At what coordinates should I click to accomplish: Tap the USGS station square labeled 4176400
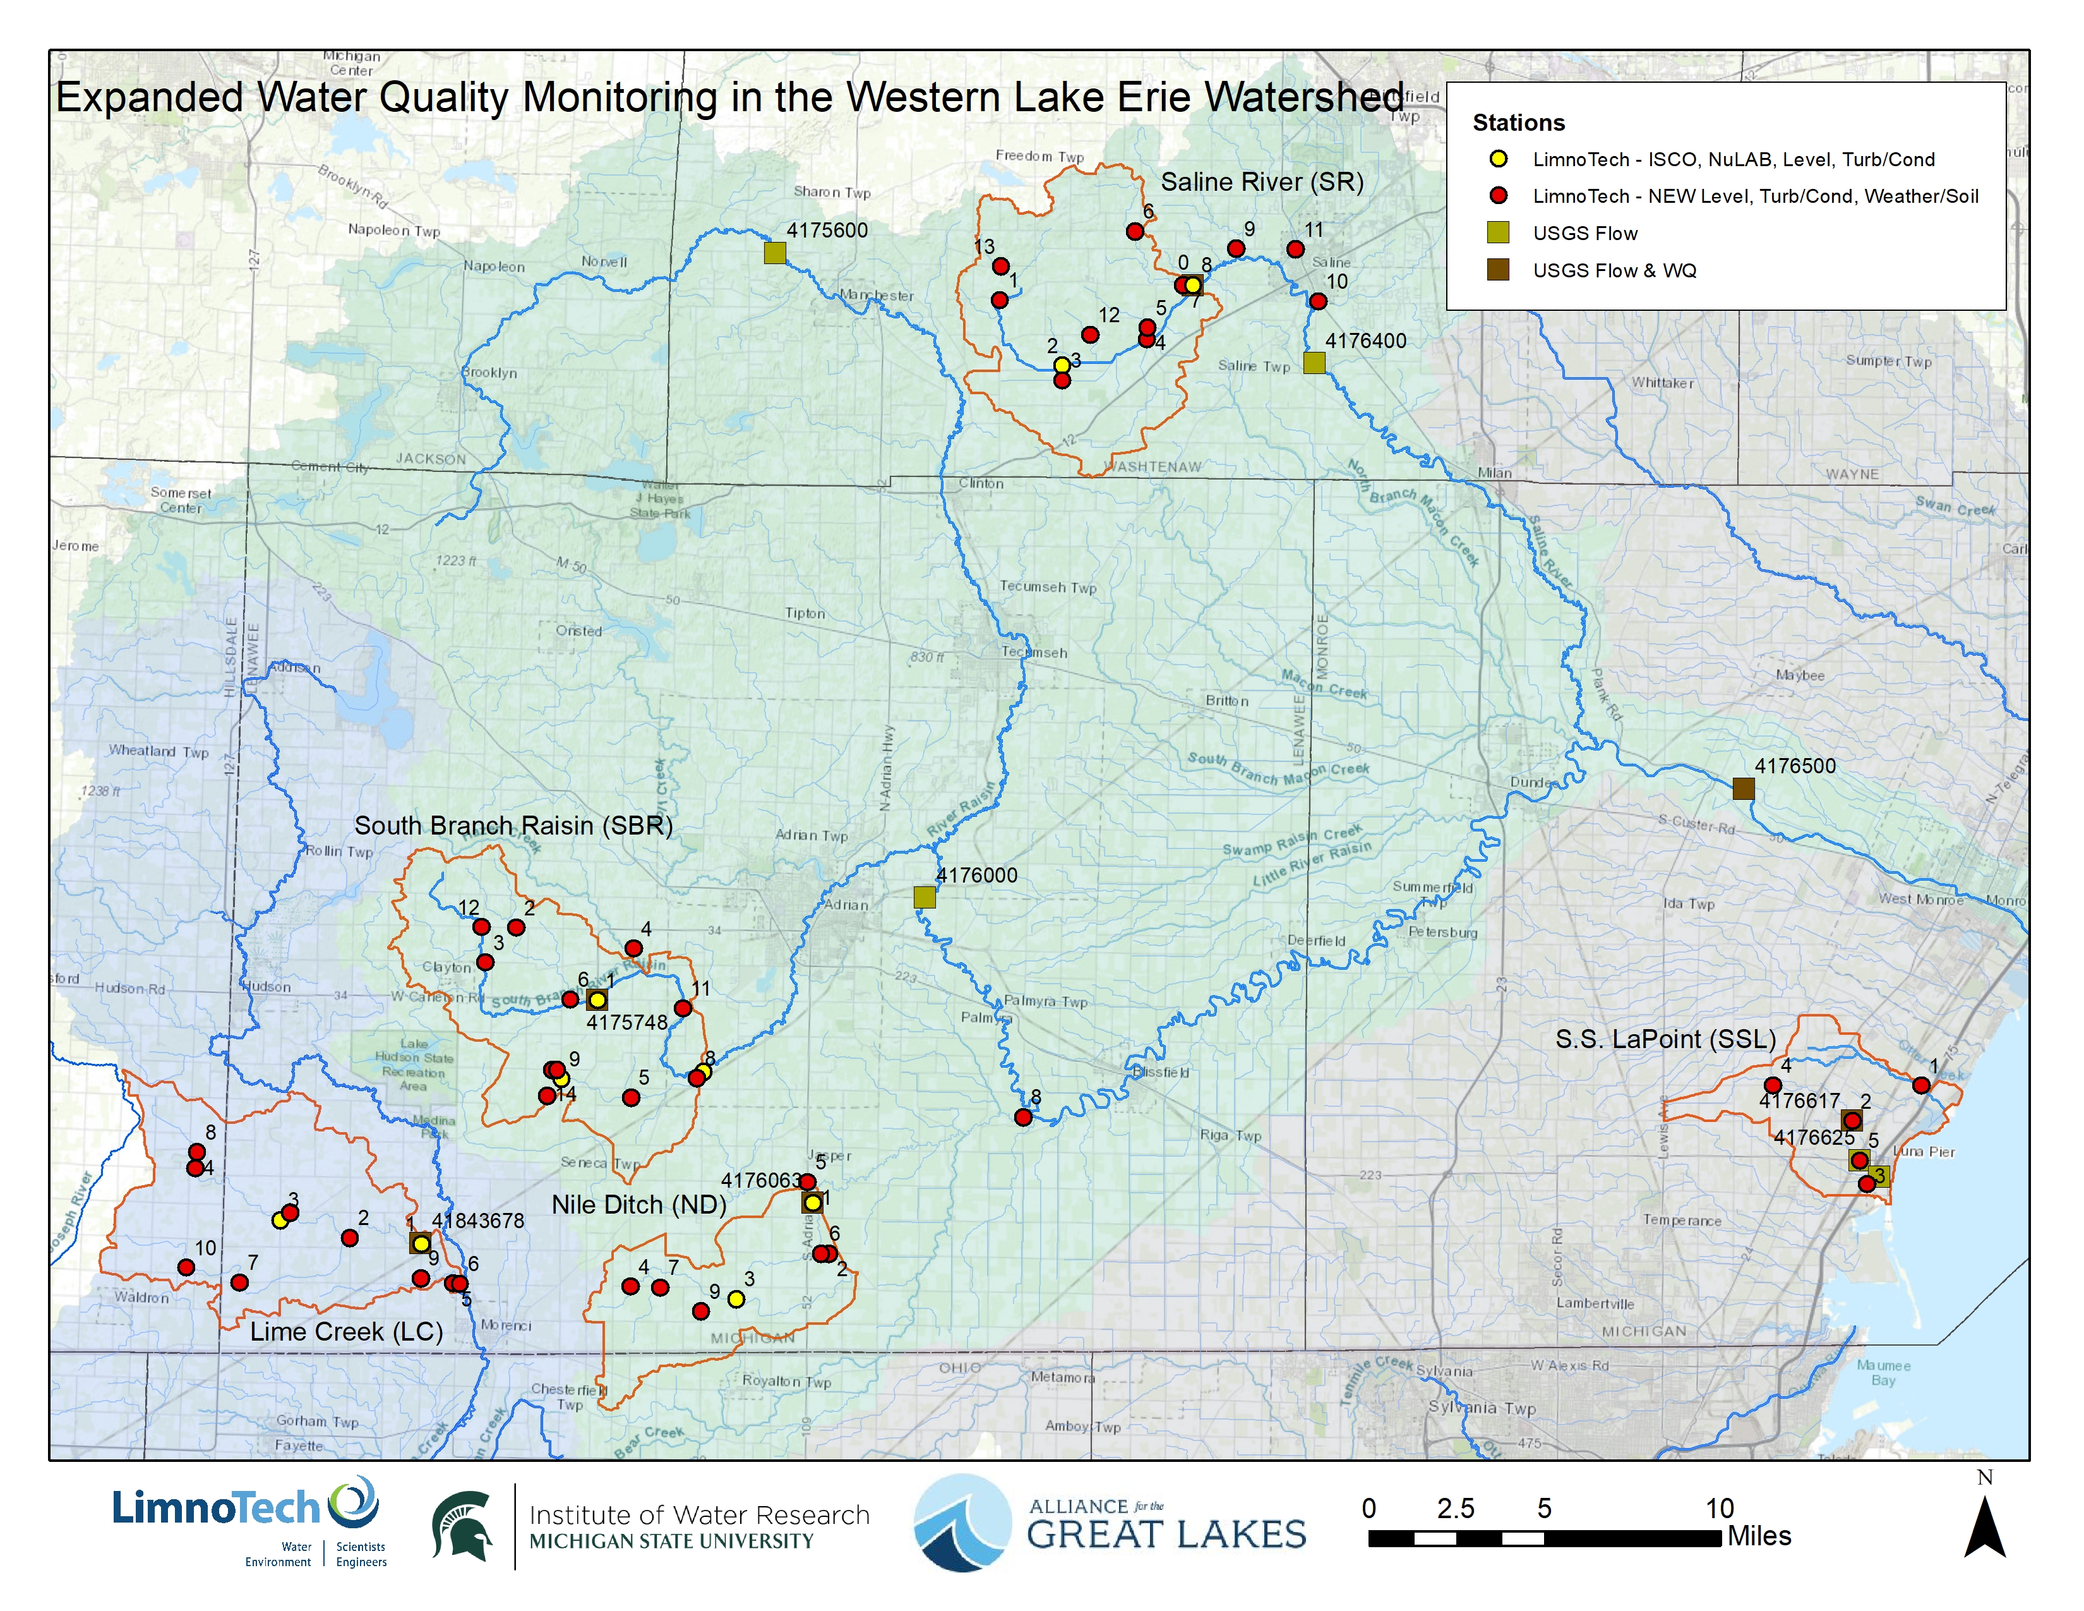pos(1314,363)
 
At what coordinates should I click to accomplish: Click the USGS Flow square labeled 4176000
pos(924,897)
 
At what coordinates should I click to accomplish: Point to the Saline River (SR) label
pos(1262,183)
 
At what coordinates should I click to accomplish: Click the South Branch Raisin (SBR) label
pos(513,826)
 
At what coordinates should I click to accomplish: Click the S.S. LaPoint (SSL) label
pos(1665,1039)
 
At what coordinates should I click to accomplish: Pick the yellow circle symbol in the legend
pos(1498,159)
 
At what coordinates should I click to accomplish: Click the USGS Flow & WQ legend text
pos(1615,271)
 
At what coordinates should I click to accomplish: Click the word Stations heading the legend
pos(1518,123)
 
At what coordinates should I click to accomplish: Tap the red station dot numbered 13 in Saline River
pos(1000,266)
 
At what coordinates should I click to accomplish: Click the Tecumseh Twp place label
pos(1048,587)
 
